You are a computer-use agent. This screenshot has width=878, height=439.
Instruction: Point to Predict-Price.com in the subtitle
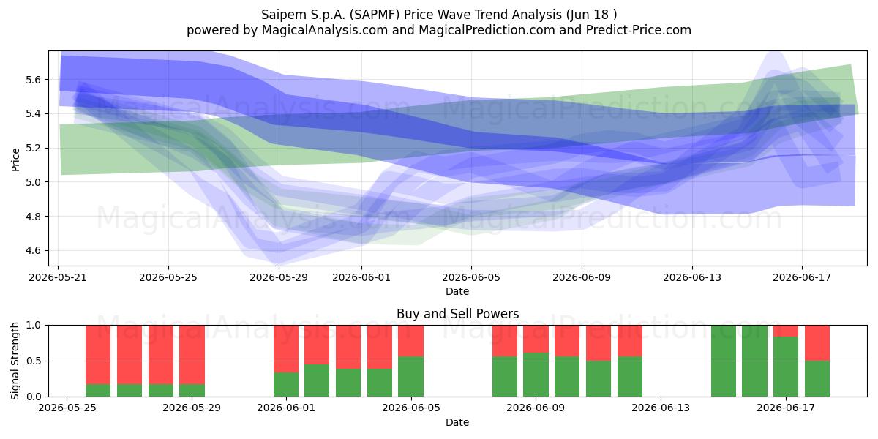639,30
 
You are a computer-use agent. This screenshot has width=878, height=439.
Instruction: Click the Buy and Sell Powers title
457,314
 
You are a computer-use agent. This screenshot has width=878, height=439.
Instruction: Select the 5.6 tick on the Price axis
33,80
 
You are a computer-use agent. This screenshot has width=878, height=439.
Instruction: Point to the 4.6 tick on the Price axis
33,250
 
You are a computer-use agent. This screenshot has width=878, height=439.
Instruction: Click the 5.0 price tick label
33,182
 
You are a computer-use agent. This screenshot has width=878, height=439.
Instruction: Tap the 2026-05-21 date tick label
58,277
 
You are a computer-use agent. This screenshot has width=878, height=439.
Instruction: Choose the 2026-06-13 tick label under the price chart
692,277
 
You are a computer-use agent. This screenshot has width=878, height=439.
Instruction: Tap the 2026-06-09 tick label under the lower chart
536,408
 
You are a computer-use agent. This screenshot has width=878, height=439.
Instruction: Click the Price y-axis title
15,160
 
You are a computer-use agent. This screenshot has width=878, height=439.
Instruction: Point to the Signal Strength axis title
15,361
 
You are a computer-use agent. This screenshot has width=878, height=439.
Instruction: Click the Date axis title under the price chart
457,291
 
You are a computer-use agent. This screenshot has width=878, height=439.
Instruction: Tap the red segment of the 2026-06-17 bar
786,331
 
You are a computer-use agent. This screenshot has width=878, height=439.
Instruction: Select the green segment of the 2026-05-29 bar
192,391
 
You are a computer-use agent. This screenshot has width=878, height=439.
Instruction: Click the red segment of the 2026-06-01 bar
286,349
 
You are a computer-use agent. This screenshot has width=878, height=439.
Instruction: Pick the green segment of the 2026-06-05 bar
410,377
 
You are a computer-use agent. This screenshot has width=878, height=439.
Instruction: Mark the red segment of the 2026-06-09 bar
536,339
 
